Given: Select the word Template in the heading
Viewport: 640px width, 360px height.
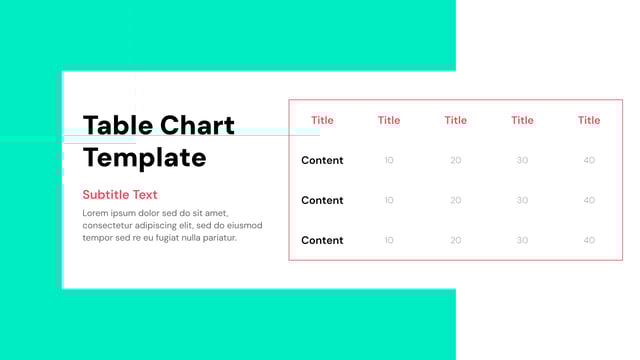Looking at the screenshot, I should point(144,157).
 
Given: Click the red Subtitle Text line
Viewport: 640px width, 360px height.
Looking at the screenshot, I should point(120,194).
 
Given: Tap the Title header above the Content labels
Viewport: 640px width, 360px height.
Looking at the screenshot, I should point(322,120).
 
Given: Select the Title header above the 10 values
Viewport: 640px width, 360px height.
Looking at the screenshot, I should point(389,120).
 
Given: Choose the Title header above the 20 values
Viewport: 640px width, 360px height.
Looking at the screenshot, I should point(455,120).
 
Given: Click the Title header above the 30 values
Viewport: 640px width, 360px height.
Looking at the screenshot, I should point(522,120).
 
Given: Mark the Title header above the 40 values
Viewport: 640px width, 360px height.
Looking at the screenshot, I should point(589,120).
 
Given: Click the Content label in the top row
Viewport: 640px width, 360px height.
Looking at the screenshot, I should point(322,160).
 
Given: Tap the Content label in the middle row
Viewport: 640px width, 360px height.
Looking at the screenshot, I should point(322,200).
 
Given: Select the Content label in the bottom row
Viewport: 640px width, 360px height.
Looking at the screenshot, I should point(322,240).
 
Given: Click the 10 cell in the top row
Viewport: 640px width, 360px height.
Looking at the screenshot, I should point(389,160).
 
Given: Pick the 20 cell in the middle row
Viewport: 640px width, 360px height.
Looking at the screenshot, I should point(455,200).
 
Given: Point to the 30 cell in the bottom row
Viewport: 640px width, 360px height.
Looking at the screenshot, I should point(522,240).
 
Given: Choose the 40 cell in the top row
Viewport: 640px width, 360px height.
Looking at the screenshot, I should point(589,160).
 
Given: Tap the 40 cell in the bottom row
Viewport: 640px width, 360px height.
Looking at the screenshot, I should point(589,240).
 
